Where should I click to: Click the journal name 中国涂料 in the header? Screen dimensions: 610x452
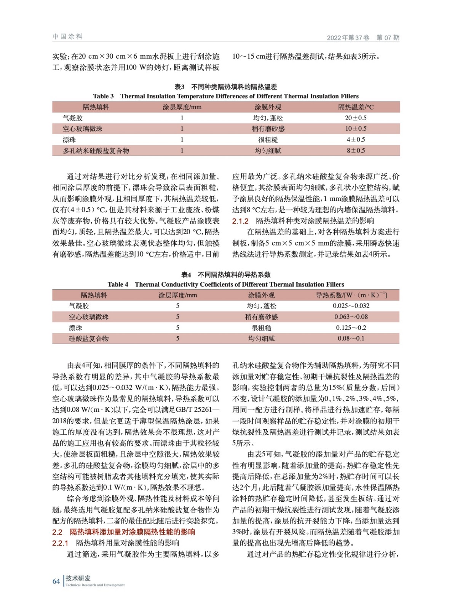coord(67,37)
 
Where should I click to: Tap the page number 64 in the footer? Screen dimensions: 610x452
coord(56,581)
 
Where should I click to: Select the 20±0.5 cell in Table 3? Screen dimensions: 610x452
coord(356,118)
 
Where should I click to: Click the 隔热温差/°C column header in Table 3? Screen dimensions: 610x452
coord(356,107)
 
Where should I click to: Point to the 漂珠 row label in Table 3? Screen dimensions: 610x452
coord(69,140)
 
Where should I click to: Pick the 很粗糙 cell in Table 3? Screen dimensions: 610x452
coord(268,140)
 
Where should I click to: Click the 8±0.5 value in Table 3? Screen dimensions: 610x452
coord(356,151)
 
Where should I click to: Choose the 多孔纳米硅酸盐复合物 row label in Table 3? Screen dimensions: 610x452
coord(96,151)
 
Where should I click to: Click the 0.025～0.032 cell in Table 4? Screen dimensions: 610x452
coord(351,306)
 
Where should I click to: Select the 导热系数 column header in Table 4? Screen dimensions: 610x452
coord(351,295)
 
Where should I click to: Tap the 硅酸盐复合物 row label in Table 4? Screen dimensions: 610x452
coord(89,339)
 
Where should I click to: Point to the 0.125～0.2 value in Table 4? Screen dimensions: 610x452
coord(351,328)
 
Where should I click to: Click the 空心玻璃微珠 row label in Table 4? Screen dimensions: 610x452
coord(89,317)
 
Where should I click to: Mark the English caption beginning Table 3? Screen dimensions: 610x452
coord(226,96)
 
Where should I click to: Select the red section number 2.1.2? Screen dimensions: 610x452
coord(240,221)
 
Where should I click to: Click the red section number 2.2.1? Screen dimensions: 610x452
coord(60,543)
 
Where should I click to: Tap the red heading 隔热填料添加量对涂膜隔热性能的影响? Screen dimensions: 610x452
coord(132,532)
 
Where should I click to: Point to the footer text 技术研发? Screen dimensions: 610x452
coord(78,578)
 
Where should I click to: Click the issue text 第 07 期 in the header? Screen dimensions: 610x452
coord(388,37)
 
